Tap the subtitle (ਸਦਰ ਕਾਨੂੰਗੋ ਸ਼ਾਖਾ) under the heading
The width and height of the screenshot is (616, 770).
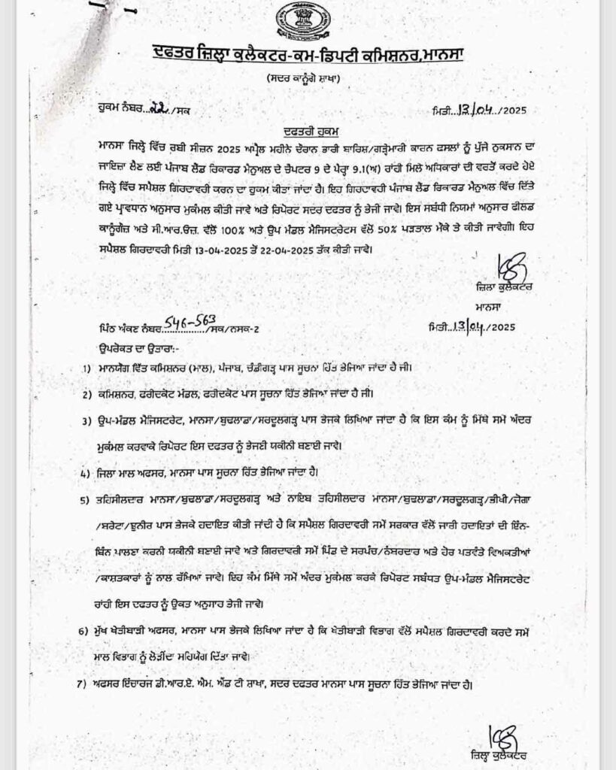click(x=308, y=79)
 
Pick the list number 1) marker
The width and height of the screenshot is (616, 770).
click(x=90, y=368)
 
